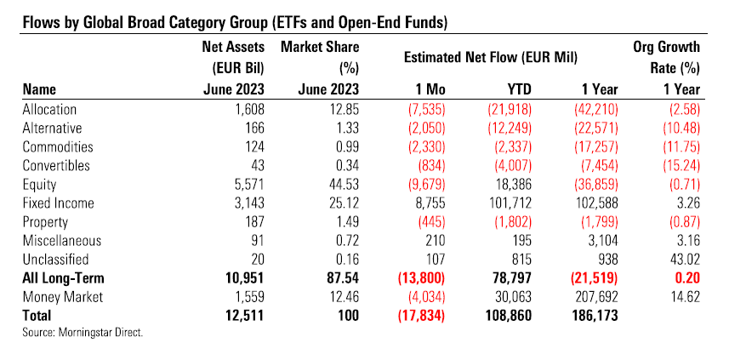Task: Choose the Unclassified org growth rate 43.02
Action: point(681,258)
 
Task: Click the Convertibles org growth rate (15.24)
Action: point(678,165)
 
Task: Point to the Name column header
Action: point(39,88)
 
